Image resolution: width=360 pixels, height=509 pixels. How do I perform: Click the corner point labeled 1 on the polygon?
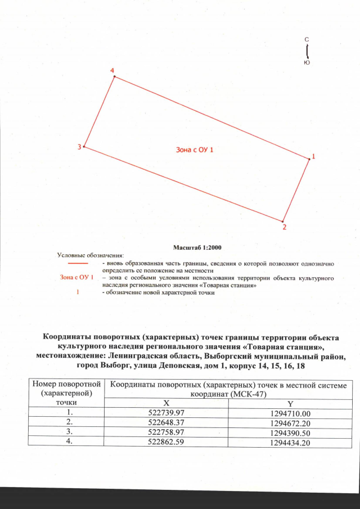(309, 159)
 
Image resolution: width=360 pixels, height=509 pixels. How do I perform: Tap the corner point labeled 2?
(283, 221)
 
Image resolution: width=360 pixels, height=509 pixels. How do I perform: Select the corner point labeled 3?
(84, 147)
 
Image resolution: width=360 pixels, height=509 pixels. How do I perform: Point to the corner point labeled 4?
(115, 76)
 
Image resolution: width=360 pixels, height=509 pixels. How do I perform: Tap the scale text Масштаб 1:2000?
(195, 247)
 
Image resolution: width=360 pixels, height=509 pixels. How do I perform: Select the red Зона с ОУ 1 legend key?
(76, 278)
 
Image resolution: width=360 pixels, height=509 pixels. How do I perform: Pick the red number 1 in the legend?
(76, 292)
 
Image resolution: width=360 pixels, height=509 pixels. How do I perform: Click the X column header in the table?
(166, 404)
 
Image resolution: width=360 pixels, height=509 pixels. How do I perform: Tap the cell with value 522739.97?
(166, 413)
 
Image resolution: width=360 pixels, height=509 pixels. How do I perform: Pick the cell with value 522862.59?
(166, 442)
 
